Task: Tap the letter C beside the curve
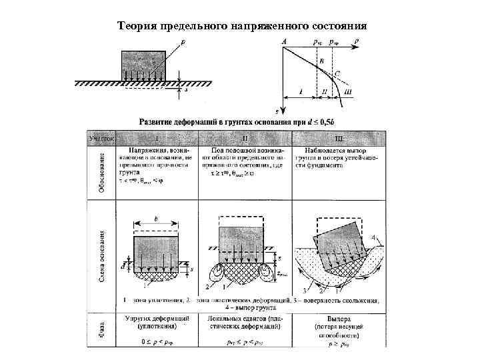click(337, 73)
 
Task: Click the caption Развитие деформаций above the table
click(180, 122)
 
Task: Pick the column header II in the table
click(245, 139)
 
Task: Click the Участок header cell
click(102, 138)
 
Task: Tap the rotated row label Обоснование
click(102, 172)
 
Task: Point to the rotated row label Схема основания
click(102, 257)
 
